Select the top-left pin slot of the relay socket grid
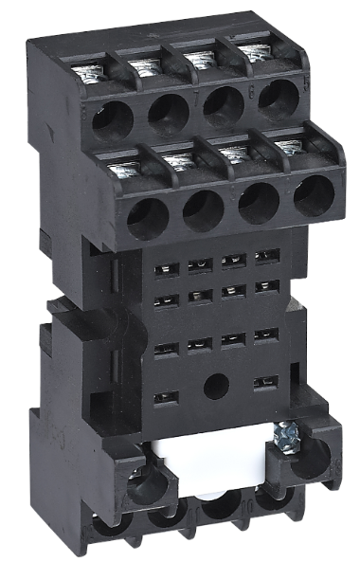[161, 270]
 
